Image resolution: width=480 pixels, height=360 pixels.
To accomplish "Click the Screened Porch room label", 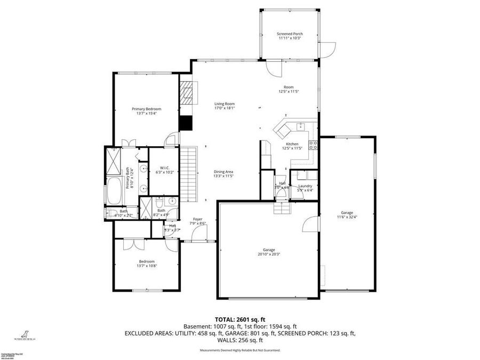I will click(x=290, y=34).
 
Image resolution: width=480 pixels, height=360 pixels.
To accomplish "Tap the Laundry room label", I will click(x=305, y=186).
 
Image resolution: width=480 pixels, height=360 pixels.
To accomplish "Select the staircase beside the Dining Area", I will click(x=189, y=174).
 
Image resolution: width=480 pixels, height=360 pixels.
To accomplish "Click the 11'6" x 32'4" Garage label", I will click(x=347, y=214).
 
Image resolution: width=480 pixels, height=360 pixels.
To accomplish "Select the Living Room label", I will click(x=225, y=104).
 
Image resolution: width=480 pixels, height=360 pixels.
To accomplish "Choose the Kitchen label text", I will click(x=292, y=144).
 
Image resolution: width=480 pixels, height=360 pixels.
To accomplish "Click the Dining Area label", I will click(x=223, y=171).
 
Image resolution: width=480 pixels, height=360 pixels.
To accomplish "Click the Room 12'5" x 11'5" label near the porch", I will click(x=289, y=87).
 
